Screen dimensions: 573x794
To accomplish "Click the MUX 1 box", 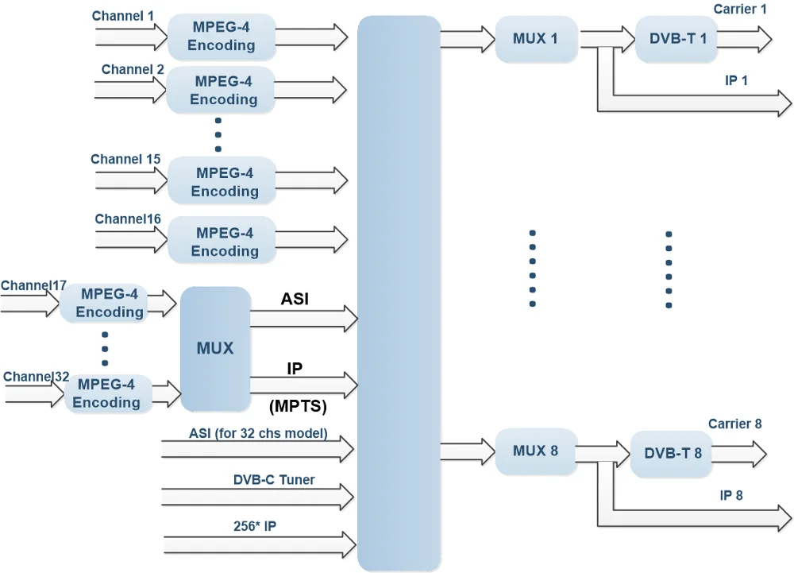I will [x=534, y=38].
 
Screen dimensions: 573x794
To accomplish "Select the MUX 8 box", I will [x=534, y=451].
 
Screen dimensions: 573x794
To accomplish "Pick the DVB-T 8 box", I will [x=672, y=454].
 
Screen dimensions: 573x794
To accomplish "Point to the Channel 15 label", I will [x=125, y=159].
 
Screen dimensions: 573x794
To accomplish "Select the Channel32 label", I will [x=37, y=376].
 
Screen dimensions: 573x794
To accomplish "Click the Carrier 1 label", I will [x=740, y=10].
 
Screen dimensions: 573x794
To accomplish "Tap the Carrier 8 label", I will [x=734, y=424].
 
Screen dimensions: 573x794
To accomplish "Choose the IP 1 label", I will [x=736, y=80].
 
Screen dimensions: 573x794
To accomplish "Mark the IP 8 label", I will [x=731, y=495].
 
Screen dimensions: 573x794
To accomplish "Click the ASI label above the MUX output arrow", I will [x=295, y=299].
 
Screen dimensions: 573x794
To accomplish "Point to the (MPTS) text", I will [x=298, y=407].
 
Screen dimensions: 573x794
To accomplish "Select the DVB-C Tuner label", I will [x=274, y=479].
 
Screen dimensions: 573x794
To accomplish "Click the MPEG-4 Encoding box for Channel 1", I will [x=221, y=37].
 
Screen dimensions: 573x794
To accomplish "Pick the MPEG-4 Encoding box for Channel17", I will [x=110, y=303].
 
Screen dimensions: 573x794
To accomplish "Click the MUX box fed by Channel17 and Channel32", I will [x=215, y=348].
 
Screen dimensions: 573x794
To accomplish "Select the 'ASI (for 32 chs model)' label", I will [x=258, y=434].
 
